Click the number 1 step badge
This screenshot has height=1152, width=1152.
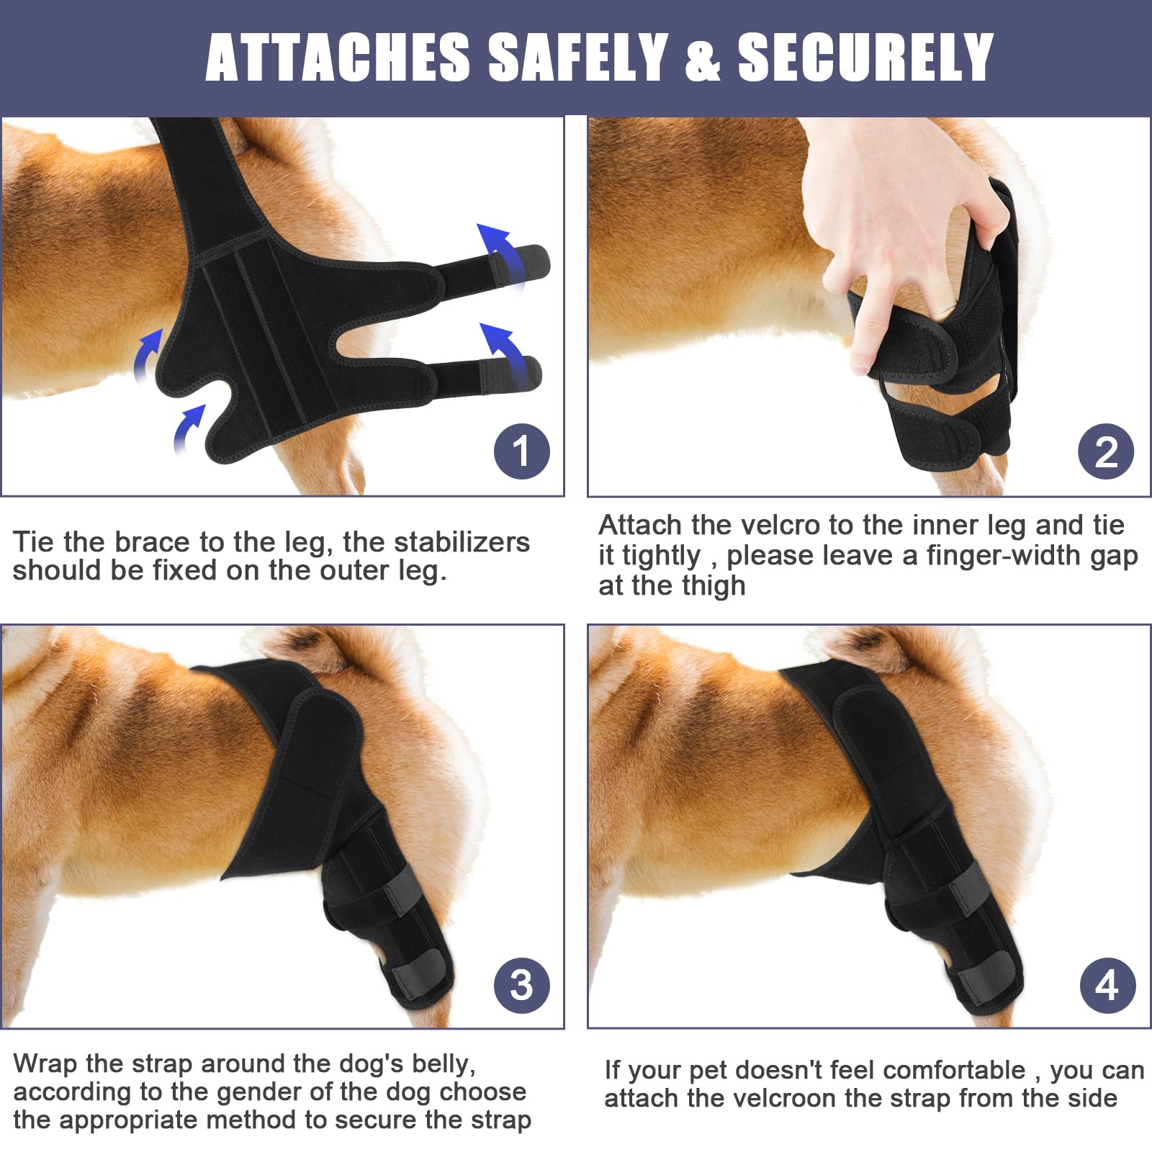pos(522,451)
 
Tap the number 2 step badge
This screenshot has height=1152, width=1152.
pos(1106,451)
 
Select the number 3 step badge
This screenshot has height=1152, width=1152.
pos(522,985)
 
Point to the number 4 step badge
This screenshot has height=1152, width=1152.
pos(1108,985)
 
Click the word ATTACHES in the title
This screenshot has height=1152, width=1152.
pos(338,58)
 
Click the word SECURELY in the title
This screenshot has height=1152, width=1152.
pos(865,58)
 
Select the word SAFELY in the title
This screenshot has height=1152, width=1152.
pos(578,58)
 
